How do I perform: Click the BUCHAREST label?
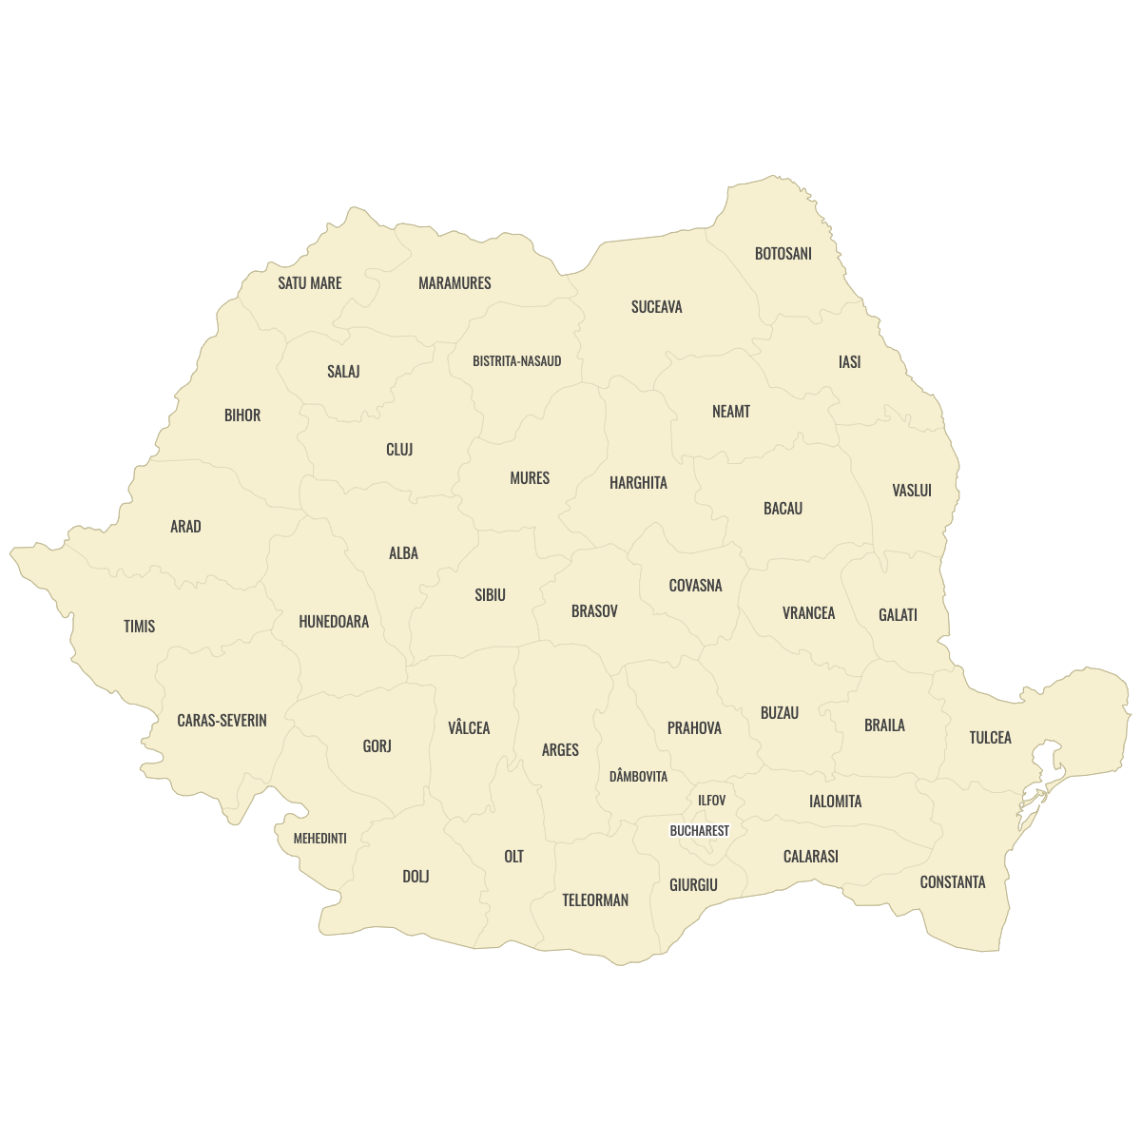click(x=700, y=831)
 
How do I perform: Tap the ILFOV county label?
click(x=711, y=801)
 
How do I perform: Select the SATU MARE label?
click(x=310, y=283)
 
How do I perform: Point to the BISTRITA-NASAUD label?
click(x=517, y=361)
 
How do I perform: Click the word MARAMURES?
click(x=454, y=283)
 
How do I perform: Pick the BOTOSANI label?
click(x=783, y=254)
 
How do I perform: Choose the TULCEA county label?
click(x=990, y=738)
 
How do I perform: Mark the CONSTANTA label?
click(x=953, y=882)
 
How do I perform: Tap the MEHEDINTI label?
click(x=319, y=839)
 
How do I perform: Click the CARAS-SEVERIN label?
click(x=222, y=721)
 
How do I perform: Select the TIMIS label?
click(x=139, y=627)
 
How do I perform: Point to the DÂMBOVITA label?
click(x=638, y=777)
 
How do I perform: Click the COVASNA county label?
click(x=695, y=586)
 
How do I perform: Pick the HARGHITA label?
click(x=638, y=483)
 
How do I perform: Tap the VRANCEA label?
click(x=808, y=613)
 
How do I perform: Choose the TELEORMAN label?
click(x=595, y=900)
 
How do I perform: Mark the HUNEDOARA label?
click(x=334, y=622)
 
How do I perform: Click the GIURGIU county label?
click(x=693, y=885)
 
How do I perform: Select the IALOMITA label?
click(x=835, y=802)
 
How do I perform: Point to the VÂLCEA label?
click(x=469, y=728)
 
